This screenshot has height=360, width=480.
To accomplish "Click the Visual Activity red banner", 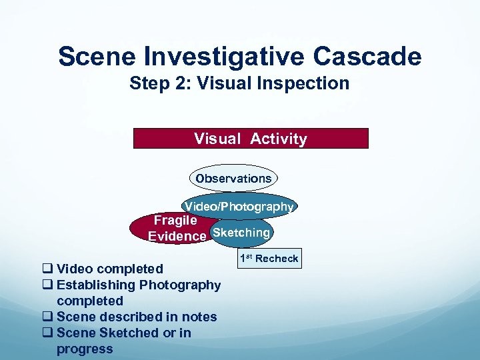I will click(x=251, y=139).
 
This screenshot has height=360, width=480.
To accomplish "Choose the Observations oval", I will click(x=233, y=179).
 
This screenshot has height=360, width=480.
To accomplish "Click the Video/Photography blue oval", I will click(x=239, y=207).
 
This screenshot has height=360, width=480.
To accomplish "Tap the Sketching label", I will click(x=240, y=233).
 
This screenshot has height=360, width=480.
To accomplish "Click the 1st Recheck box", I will click(x=269, y=258).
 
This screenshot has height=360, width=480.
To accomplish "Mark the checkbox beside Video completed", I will click(x=47, y=269).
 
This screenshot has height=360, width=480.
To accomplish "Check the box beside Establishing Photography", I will click(x=47, y=285).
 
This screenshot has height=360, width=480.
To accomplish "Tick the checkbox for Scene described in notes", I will click(x=47, y=317).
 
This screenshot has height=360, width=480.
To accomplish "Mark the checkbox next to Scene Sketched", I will click(x=47, y=333).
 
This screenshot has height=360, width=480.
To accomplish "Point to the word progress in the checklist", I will click(x=85, y=349).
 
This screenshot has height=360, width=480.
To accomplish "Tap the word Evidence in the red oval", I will click(x=177, y=237).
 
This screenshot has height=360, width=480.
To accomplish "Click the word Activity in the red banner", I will click(x=279, y=139).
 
